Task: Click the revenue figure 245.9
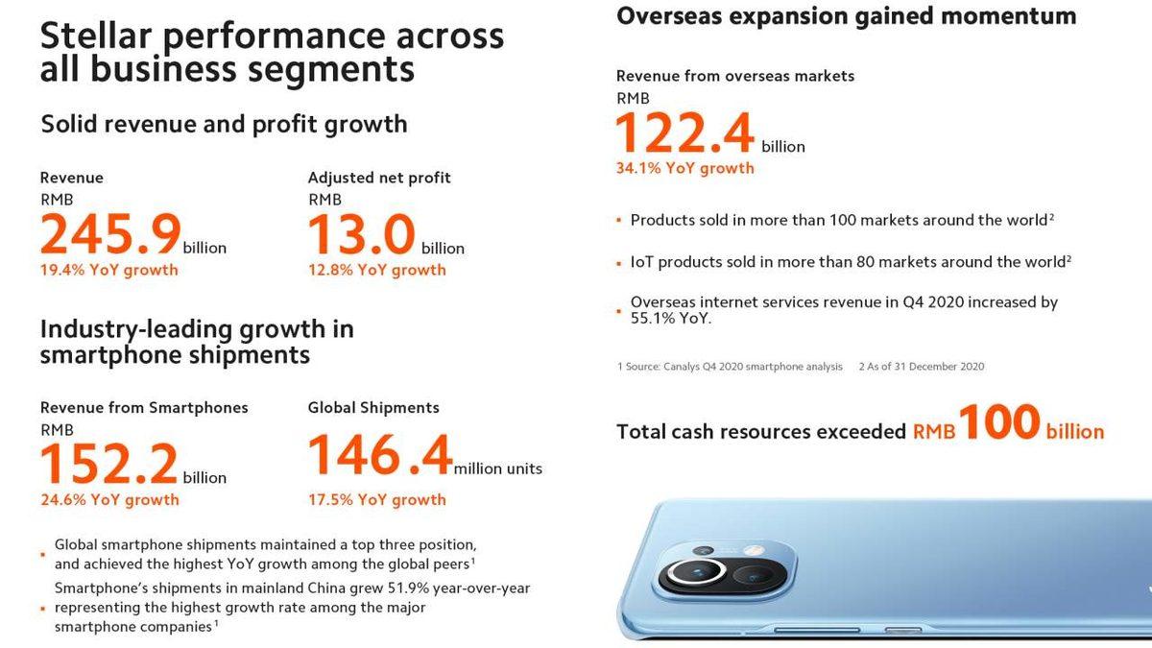(x=110, y=234)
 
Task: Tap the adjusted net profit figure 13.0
(x=362, y=234)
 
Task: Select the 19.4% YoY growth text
(x=108, y=270)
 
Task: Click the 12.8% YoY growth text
(x=376, y=270)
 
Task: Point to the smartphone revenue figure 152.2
(x=108, y=464)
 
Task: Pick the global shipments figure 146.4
(x=379, y=456)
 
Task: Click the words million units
(x=497, y=468)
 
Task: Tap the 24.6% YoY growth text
(x=108, y=499)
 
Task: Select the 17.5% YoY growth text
(x=376, y=499)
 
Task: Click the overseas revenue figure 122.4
(x=684, y=132)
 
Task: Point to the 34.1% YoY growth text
(x=684, y=168)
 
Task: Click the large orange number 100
(x=998, y=422)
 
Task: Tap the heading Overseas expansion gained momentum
(x=846, y=16)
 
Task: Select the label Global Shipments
(x=373, y=407)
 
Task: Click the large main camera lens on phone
(x=691, y=575)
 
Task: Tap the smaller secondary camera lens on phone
(x=754, y=576)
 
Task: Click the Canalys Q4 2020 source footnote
(x=730, y=366)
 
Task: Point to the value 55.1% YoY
(x=671, y=319)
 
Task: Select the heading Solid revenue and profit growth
(x=224, y=124)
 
